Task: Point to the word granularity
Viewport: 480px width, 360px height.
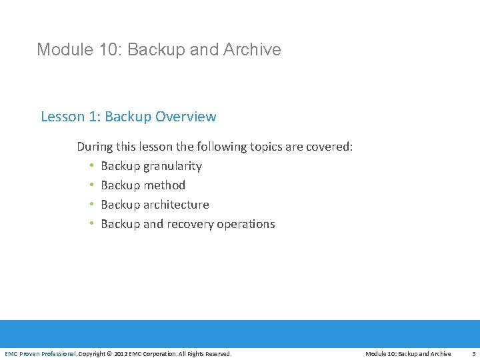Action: [172, 166]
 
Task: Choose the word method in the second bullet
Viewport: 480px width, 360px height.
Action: [164, 185]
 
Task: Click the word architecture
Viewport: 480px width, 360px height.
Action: [176, 205]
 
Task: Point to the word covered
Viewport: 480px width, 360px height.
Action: [329, 147]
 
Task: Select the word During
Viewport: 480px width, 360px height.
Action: [96, 147]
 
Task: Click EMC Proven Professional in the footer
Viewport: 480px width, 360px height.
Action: [40, 354]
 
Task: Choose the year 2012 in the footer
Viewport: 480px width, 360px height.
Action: [121, 354]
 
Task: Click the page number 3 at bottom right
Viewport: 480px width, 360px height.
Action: [473, 354]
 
